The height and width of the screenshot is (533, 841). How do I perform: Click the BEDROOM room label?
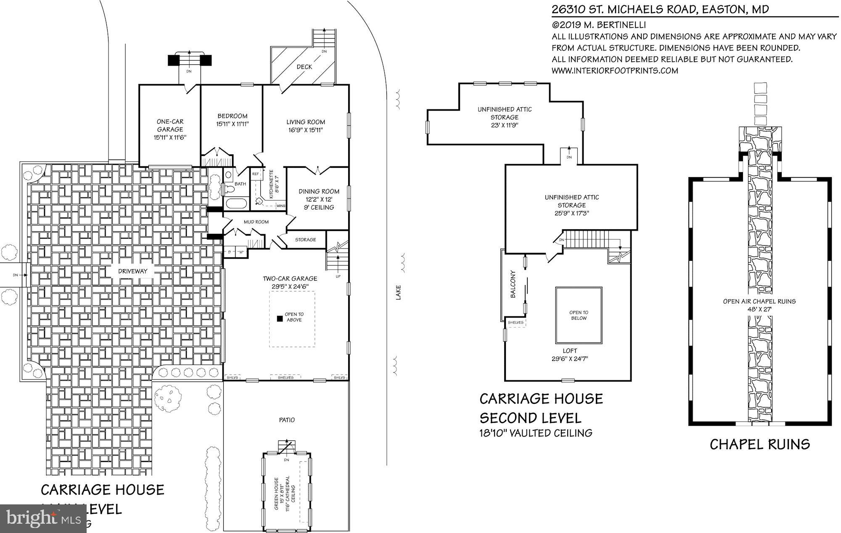point(232,116)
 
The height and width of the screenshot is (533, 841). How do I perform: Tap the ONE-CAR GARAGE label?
point(170,125)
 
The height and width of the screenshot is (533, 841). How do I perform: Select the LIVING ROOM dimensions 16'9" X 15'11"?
point(305,130)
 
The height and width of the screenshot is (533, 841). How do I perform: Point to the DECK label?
point(304,67)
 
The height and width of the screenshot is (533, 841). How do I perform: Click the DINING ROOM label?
point(319,191)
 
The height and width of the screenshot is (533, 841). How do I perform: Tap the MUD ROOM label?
point(256,222)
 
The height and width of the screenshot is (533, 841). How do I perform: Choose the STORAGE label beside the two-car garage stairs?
point(305,240)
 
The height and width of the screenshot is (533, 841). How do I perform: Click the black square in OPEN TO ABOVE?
point(280,318)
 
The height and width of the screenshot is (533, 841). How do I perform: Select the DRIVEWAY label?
point(133,271)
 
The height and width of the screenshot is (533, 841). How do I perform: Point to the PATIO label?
point(287,420)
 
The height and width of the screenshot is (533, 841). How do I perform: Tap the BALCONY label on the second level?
point(513,284)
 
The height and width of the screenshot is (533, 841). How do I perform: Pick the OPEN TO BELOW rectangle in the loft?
point(579,316)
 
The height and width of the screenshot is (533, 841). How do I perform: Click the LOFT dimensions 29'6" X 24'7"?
point(570,359)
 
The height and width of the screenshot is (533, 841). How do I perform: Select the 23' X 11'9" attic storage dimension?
point(504,125)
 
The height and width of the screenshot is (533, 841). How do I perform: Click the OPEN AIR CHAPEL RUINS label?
point(759,301)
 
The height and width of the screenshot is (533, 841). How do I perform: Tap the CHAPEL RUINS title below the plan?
point(760,444)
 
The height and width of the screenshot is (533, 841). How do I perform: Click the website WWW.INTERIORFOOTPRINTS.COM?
point(615,71)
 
